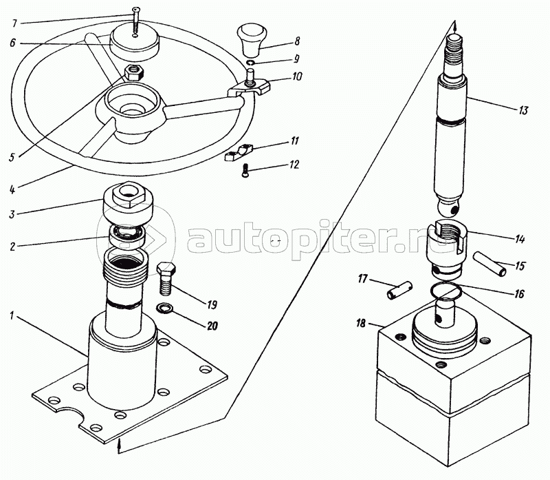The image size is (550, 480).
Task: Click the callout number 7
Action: (14, 23)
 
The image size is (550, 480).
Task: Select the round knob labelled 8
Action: (252, 40)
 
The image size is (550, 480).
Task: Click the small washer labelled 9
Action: (251, 63)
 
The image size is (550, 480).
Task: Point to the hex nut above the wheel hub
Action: (133, 72)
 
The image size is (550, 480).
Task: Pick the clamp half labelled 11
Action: (239, 153)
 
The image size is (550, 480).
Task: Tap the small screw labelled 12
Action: (245, 171)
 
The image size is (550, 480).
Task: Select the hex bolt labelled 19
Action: (166, 278)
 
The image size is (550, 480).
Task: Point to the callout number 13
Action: (523, 110)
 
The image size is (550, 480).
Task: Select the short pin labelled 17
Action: (400, 290)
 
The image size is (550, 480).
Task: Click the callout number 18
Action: (360, 323)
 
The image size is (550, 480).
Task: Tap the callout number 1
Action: (12, 315)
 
